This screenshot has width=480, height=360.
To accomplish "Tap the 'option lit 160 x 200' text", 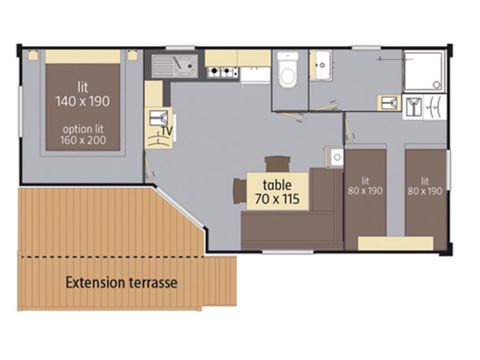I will click(83, 135).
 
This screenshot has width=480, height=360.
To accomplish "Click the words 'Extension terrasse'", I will click(121, 283).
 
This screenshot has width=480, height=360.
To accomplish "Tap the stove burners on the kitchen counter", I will click(220, 72).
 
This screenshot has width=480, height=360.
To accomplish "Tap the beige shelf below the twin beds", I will click(396, 243).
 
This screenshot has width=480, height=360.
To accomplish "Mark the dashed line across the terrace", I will click(127, 257).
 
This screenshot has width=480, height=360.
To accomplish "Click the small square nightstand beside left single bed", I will click(336, 157).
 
